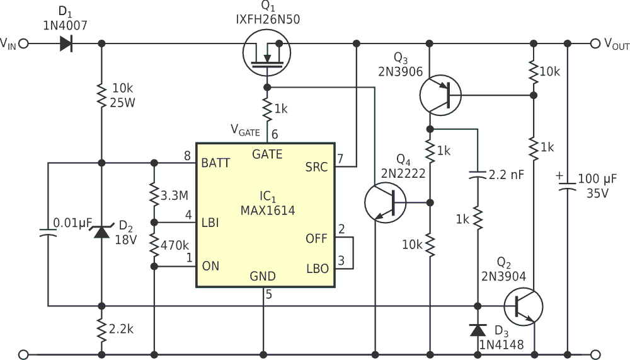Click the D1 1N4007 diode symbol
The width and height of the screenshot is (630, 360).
point(66,44)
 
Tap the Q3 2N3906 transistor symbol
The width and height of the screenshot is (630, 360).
point(440,95)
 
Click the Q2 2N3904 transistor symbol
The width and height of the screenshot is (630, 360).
point(522,306)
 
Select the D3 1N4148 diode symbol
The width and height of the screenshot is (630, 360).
point(478,330)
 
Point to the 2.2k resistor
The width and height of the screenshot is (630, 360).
point(101,329)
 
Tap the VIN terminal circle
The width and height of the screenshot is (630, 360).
point(24,44)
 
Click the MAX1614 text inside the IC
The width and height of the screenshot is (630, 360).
point(268,210)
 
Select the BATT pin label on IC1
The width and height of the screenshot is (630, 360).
point(216,163)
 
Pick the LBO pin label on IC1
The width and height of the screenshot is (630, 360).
point(317,268)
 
